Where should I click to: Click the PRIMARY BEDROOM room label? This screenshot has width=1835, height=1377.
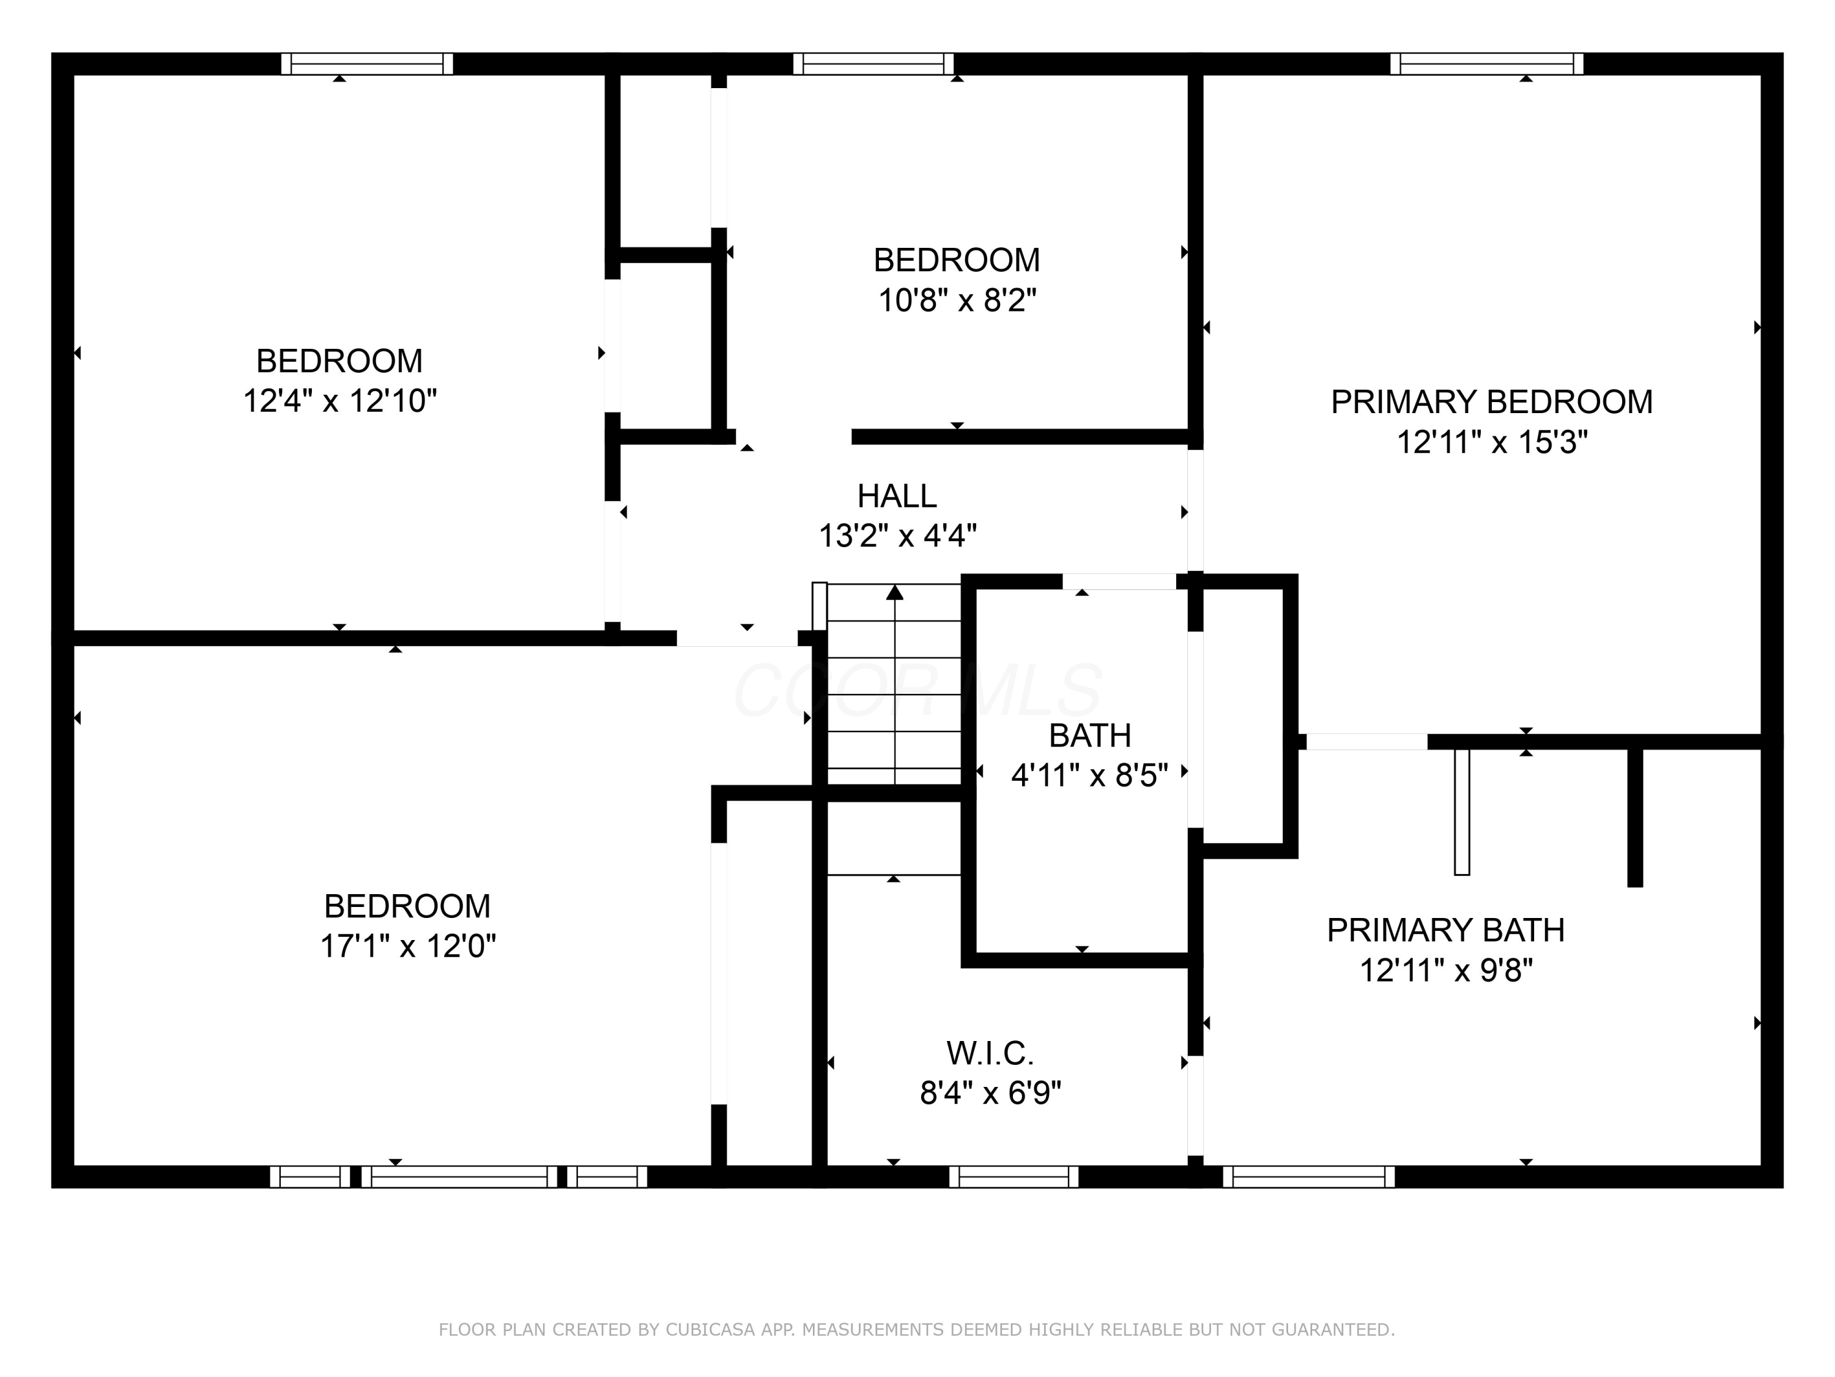1491,401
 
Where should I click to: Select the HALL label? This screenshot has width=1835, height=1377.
896,496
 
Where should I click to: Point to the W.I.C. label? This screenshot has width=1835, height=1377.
990,1053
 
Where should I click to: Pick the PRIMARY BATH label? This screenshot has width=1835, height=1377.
1445,930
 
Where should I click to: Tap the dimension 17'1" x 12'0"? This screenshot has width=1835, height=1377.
407,946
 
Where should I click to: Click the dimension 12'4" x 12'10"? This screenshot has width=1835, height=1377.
339,401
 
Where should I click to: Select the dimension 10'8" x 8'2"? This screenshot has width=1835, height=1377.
957,300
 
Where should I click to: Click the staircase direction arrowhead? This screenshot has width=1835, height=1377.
894,592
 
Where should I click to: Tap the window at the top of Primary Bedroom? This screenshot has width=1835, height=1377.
1486,64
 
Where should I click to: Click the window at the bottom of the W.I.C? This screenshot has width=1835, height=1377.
1013,1176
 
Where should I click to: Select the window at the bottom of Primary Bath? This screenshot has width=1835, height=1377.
1308,1176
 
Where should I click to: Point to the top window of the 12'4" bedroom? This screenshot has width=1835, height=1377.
366,64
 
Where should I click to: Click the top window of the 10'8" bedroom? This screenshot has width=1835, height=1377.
873,64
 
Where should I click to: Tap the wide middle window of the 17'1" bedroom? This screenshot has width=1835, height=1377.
459,1176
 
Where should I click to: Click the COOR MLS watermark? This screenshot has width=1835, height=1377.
917,690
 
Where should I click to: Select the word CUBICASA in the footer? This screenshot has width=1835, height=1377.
710,1330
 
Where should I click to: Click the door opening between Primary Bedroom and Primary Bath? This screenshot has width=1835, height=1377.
1366,741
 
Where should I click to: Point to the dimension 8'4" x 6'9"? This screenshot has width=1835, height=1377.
990,1093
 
